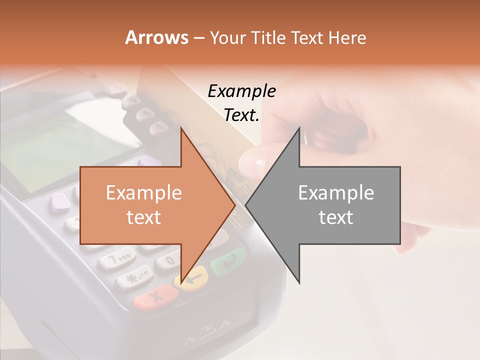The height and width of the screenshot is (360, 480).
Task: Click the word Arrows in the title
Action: (x=156, y=37)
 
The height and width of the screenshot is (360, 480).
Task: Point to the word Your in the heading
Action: (x=227, y=37)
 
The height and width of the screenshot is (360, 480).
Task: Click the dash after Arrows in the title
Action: (x=198, y=38)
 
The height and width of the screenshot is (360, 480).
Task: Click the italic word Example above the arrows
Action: (x=241, y=91)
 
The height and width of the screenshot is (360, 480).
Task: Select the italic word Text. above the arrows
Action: (x=241, y=115)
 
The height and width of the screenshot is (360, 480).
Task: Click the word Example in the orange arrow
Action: (x=144, y=193)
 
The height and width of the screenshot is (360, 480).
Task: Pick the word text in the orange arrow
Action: (x=144, y=217)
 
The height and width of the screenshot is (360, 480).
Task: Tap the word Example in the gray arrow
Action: (x=336, y=193)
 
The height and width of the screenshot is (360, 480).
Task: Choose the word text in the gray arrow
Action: (x=336, y=217)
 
